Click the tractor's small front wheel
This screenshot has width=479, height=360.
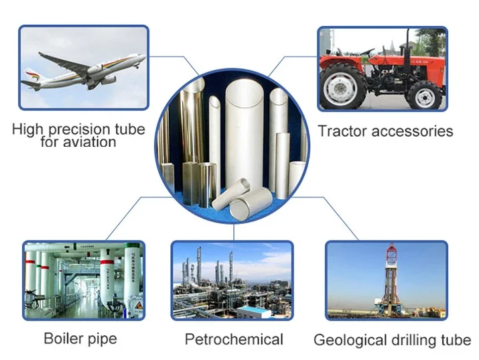[425, 95]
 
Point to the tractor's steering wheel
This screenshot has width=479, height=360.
[367, 52]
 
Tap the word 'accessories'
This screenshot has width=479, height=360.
[413, 131]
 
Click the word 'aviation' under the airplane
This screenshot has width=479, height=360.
[91, 142]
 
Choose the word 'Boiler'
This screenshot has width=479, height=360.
[63, 339]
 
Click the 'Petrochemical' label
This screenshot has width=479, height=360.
[234, 339]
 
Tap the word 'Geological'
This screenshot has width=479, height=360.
[350, 341]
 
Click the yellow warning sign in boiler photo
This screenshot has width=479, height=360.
[138, 305]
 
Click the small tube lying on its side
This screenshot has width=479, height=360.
[231, 194]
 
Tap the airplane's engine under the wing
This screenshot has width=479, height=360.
[109, 80]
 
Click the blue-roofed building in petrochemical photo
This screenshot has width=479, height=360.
[254, 312]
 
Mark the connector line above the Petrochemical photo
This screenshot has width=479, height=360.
[234, 232]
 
